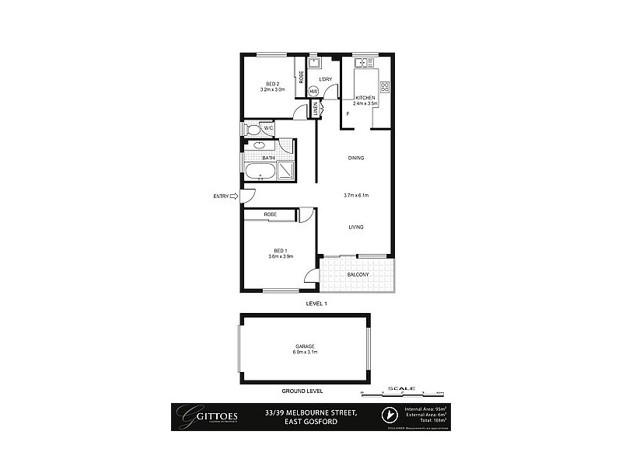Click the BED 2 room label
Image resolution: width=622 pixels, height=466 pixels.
[272, 84]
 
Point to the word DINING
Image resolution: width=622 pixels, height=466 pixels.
[356, 158]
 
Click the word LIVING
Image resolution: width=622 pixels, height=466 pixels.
[356, 227]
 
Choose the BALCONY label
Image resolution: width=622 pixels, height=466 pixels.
[357, 274]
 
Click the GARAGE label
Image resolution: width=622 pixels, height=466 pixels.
[304, 346]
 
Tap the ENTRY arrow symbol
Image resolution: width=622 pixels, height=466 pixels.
[234, 196]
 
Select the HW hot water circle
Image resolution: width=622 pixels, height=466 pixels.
[314, 91]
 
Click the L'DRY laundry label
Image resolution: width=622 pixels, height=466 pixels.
[326, 79]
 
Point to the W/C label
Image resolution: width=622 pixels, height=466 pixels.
[267, 128]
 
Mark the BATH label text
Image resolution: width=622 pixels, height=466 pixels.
[268, 158]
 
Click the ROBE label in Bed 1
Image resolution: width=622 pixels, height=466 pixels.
[271, 214]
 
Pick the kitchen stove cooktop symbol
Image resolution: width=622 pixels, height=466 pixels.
[383, 87]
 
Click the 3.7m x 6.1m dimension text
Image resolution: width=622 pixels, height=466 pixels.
[356, 195]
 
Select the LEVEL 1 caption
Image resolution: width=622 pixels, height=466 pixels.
[316, 304]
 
